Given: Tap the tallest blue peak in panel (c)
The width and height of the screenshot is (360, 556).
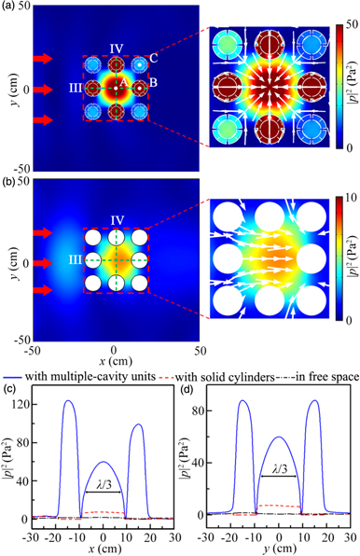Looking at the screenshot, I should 68,401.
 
